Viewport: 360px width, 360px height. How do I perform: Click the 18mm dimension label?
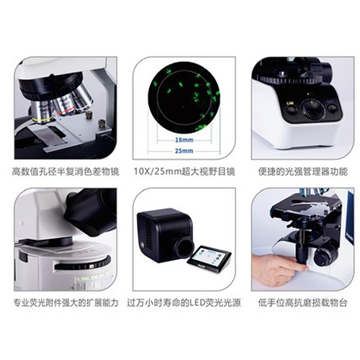[184, 140]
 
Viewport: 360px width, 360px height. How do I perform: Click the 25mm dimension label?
[184, 150]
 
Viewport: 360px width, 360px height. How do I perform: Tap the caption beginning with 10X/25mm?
[184, 172]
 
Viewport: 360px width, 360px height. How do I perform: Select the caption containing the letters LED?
[184, 303]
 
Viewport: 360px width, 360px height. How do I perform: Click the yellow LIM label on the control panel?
[290, 103]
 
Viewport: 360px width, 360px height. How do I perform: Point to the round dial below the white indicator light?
[312, 110]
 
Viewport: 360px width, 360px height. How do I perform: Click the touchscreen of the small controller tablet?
[209, 257]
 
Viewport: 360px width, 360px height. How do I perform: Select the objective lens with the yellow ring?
[42, 112]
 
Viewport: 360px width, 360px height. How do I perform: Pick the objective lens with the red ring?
[65, 105]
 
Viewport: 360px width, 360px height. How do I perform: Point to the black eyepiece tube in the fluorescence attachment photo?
[92, 210]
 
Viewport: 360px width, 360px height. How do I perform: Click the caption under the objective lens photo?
[66, 172]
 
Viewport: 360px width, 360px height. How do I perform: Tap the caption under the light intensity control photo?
[303, 172]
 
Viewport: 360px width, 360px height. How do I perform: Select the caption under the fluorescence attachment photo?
[66, 303]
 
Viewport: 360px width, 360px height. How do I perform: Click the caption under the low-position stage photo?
[303, 303]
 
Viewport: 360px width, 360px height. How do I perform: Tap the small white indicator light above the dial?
[309, 94]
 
